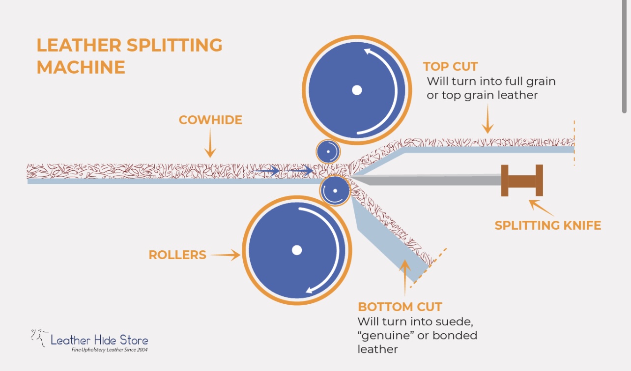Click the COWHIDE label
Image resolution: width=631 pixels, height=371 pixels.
pos(210,120)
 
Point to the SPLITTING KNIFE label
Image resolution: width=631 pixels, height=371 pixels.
pos(548,226)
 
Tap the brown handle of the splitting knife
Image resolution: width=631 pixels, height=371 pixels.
pos(522,181)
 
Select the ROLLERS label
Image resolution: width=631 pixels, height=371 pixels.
pos(177,255)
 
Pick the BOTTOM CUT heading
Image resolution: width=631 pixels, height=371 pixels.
pos(400,307)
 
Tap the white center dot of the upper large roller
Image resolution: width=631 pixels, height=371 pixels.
pos(357,90)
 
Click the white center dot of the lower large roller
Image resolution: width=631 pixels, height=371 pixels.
pos(296,250)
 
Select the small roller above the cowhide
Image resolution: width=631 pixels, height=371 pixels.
pos(328,151)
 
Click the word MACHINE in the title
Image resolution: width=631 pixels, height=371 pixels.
pos(81,67)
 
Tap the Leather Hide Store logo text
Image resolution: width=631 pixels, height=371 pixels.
pos(99,340)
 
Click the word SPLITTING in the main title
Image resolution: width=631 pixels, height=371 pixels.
pos(174,45)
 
